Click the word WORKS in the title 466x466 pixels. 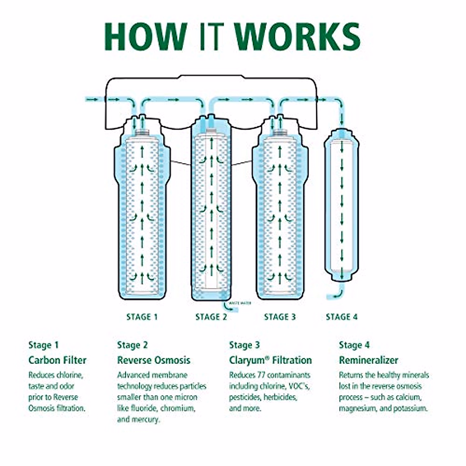[298, 37]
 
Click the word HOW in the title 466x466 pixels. [146, 37]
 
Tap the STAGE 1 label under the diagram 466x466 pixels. [142, 317]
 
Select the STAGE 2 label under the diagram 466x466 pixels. [211, 317]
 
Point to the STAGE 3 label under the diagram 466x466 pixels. [280, 317]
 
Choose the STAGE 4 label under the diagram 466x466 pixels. [342, 317]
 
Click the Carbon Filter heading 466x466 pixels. [57, 360]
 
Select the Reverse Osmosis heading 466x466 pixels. [154, 360]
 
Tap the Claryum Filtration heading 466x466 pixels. [270, 360]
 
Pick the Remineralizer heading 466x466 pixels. [369, 360]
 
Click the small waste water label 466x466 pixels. [240, 303]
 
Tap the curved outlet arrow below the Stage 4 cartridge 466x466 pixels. [337, 294]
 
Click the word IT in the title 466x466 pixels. [212, 37]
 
